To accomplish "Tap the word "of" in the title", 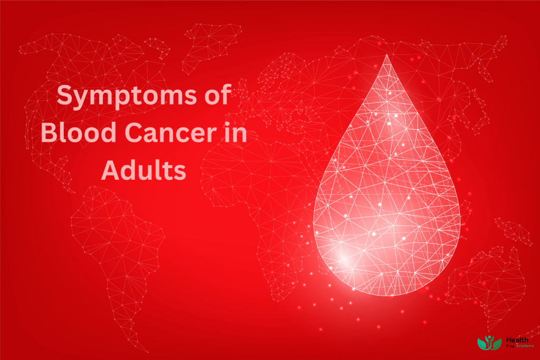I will pyautogui.click(x=216, y=96).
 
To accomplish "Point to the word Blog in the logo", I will pyautogui.click(x=510, y=346).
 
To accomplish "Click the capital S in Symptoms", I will pyautogui.click(x=65, y=97).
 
